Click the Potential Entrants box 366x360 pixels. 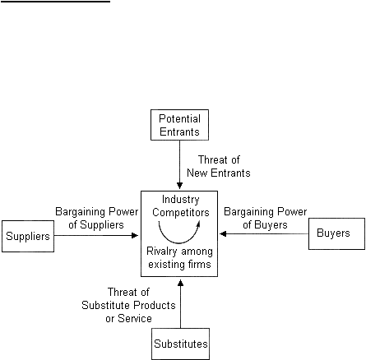179,125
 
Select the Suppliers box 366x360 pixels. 28,236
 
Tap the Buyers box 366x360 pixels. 336,233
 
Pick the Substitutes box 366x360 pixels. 181,344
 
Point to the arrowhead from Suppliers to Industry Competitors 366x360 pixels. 135,235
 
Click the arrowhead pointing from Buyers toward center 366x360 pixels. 223,233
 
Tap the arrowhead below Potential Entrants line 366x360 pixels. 179,186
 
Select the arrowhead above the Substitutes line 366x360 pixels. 180,283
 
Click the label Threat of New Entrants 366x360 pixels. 219,166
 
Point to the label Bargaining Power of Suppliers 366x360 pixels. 96,218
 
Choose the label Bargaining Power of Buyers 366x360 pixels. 265,218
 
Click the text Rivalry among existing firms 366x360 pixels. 179,258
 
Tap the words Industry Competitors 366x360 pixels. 181,205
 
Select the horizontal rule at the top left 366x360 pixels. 55,2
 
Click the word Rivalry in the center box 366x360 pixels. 160,252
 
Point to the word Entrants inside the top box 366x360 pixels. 179,132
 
